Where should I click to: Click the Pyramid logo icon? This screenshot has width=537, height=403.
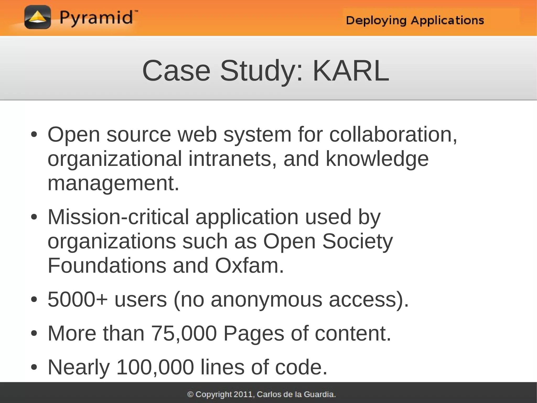(x=37, y=17)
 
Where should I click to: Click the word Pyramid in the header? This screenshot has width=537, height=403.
(x=96, y=18)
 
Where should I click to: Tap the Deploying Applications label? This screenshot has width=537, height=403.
(x=415, y=20)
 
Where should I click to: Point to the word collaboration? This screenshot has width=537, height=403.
(x=393, y=135)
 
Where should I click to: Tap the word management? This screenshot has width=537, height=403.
(x=113, y=183)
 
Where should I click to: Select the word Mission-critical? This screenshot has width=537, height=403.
(x=118, y=217)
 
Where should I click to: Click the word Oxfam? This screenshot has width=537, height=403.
(x=249, y=266)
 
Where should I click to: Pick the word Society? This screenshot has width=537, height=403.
(x=357, y=241)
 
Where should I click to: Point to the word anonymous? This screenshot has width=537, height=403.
(x=266, y=300)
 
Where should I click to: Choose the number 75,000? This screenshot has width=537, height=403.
(x=184, y=333)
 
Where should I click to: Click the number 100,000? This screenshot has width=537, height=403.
(x=155, y=367)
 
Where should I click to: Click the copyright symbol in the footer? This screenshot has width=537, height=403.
(x=190, y=394)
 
